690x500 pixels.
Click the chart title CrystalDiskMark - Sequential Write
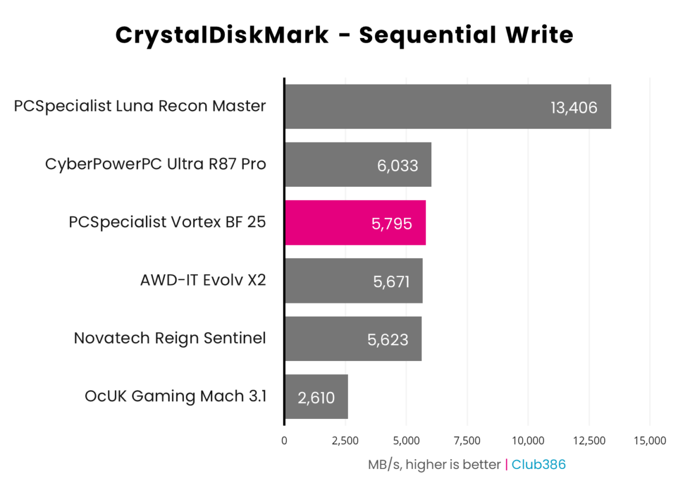coord(344,36)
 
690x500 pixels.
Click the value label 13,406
coord(574,107)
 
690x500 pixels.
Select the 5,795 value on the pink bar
coord(392,224)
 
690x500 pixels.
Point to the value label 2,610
coord(316,398)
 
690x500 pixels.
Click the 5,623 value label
coord(388,340)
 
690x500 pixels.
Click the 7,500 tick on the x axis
coord(467,441)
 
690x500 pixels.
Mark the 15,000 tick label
coord(650,441)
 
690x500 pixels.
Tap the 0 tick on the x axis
coord(285,441)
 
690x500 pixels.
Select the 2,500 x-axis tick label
coord(346,441)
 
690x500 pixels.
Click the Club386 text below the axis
coord(539,464)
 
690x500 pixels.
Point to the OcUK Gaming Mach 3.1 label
coord(175,397)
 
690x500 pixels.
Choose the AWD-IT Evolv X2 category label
coord(203,280)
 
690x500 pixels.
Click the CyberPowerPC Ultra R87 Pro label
coord(156,164)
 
